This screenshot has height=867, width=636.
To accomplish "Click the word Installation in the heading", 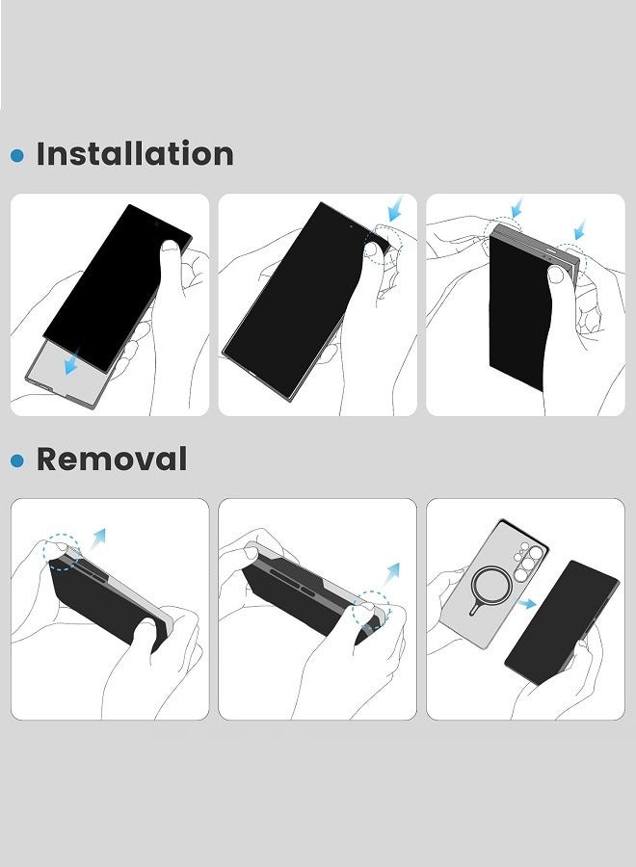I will point(135,154).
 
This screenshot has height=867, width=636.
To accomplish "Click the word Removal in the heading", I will point(112,460).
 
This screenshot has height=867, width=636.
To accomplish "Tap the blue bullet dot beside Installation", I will point(17,155).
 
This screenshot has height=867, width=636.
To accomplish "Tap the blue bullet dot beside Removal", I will point(17,460).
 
